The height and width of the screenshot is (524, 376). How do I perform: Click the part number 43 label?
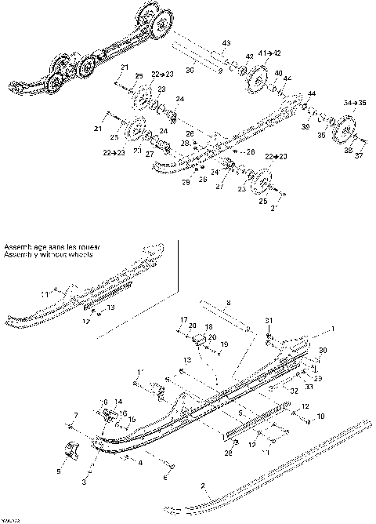(226, 42)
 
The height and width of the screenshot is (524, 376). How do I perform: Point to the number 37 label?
(360, 155)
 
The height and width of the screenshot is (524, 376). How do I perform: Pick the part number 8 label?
(229, 302)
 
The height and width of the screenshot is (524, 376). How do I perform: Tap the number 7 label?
(75, 414)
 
